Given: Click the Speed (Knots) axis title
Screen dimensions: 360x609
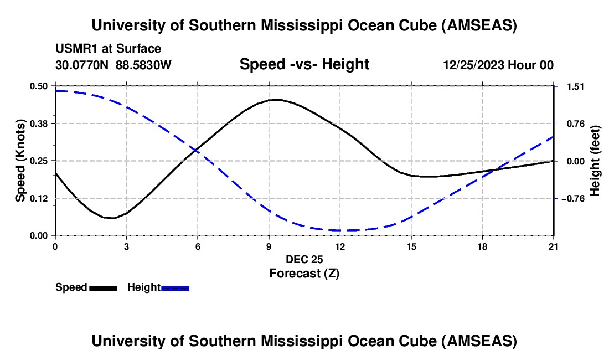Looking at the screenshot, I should pyautogui.click(x=20, y=161).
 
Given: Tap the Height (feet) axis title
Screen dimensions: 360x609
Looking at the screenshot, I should pyautogui.click(x=595, y=161).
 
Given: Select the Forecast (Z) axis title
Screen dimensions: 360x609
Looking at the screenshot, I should pyautogui.click(x=304, y=272).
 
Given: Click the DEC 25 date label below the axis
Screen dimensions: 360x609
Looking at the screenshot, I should pyautogui.click(x=304, y=259).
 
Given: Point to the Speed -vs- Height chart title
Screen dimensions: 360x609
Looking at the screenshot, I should pyautogui.click(x=304, y=64).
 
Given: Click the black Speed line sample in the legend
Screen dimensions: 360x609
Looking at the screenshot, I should pyautogui.click(x=103, y=287).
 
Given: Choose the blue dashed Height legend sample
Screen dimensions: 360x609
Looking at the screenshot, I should pyautogui.click(x=176, y=287).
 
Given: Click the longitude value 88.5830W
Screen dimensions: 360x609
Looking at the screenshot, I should pyautogui.click(x=143, y=65).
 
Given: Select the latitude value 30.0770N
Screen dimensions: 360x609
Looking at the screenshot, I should pyautogui.click(x=82, y=65).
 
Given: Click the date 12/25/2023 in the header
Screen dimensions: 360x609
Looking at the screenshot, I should pyautogui.click(x=473, y=65).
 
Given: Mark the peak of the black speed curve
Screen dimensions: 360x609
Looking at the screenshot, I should pyautogui.click(x=276, y=100).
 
